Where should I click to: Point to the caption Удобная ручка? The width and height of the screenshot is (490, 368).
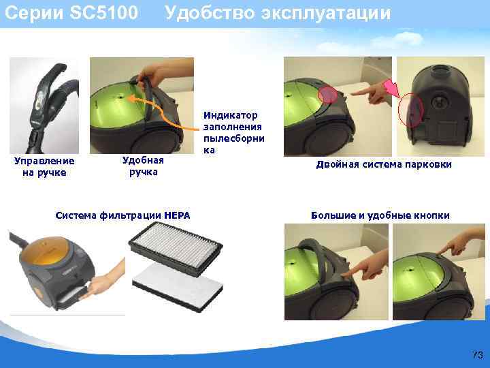tap(143, 166)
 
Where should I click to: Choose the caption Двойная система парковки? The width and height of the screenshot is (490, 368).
tap(384, 166)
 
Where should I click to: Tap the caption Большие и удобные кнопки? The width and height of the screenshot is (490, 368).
tap(380, 216)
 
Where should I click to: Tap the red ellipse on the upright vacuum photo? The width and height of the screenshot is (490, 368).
tap(412, 109)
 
